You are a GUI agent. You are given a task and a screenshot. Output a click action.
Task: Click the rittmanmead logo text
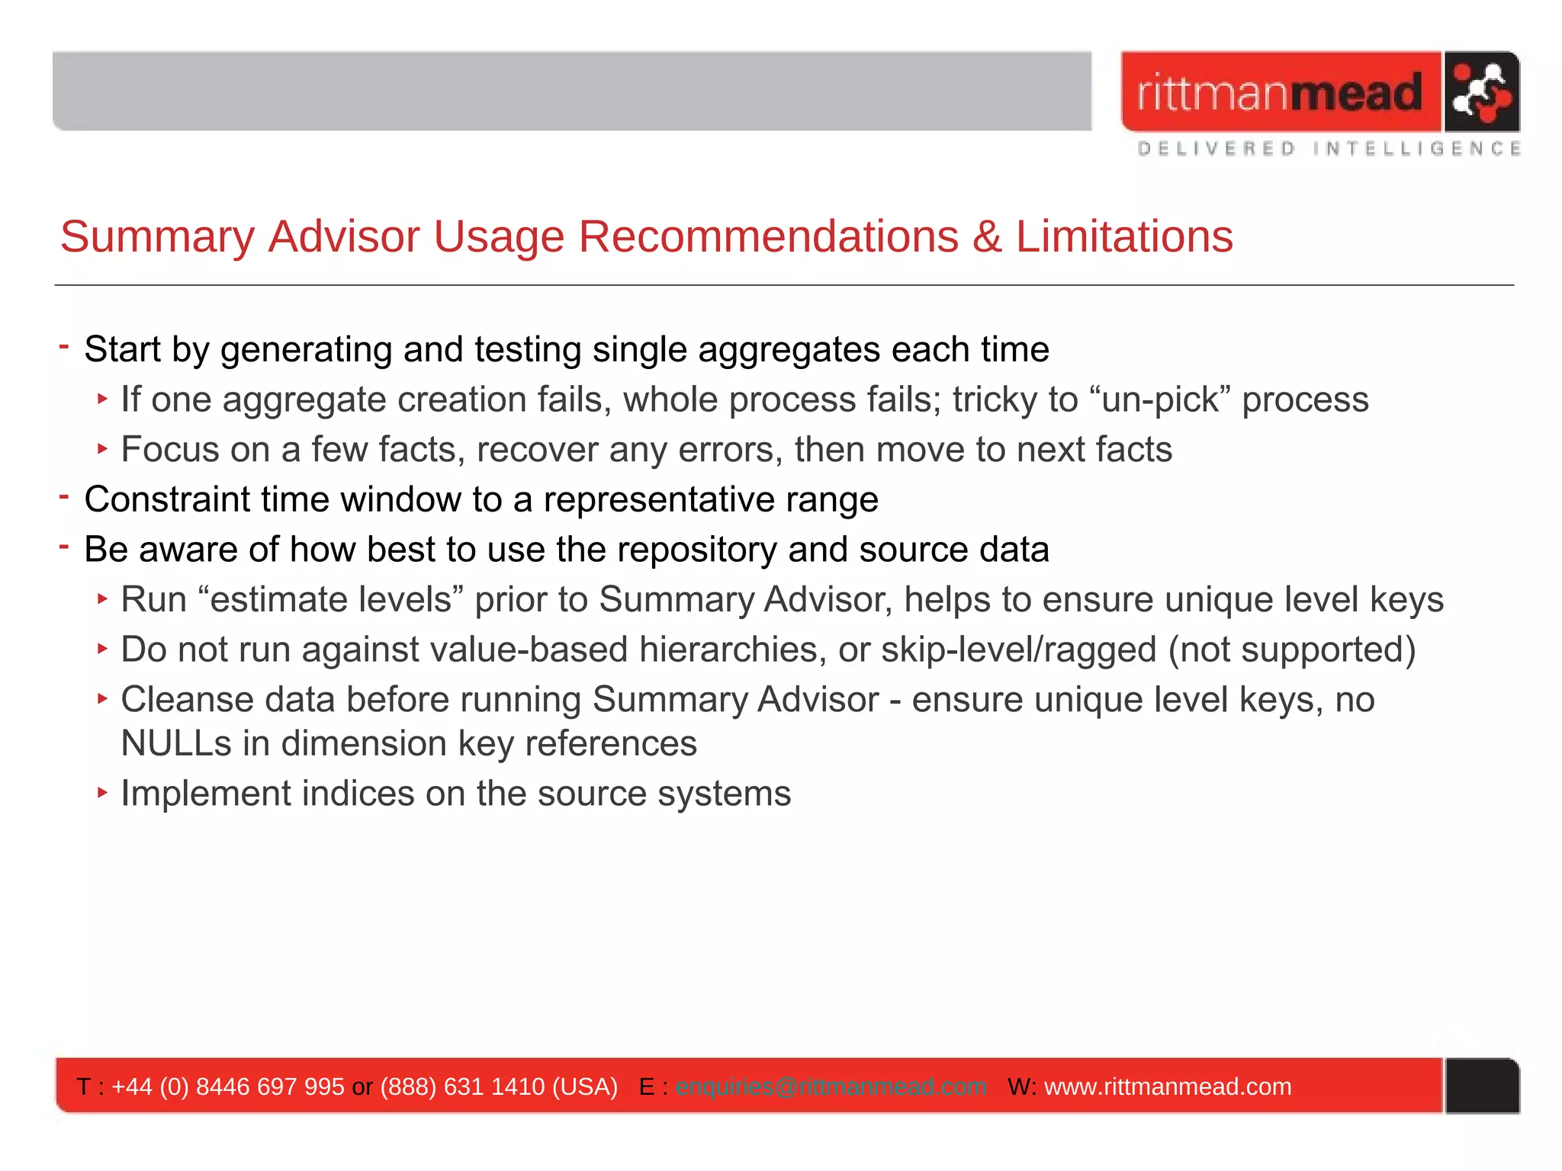[1280, 92]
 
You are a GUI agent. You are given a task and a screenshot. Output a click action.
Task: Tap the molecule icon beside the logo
[1480, 92]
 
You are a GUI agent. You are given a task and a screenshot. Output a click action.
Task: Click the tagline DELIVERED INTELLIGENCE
[1329, 149]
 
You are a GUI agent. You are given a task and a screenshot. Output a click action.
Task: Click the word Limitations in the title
[1123, 236]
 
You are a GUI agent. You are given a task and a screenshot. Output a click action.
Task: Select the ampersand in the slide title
[986, 237]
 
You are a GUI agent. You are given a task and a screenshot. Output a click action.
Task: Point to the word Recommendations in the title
[767, 236]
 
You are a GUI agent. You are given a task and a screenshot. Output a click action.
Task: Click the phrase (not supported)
[1292, 650]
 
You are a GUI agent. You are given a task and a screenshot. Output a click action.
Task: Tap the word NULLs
[176, 743]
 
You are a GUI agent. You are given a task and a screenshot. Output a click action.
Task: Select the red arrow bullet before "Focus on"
[102, 448]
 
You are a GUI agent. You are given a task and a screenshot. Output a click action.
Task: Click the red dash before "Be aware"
[64, 546]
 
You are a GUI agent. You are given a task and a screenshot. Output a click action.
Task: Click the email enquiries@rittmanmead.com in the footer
[831, 1086]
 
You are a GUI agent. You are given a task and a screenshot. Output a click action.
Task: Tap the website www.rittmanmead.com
[1167, 1086]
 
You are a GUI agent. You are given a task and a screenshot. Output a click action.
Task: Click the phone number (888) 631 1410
[462, 1086]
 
